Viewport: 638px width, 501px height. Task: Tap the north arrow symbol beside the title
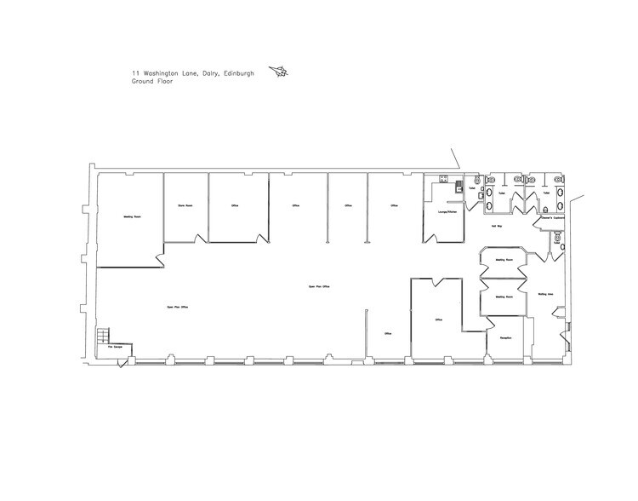pos(278,73)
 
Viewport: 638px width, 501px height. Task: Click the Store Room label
pos(185,206)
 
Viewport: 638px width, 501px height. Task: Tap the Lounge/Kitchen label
pos(443,211)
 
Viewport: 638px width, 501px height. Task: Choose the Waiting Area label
pos(546,294)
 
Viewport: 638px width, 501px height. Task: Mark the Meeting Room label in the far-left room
pos(131,216)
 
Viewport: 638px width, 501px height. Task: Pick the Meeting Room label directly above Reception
pos(503,297)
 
